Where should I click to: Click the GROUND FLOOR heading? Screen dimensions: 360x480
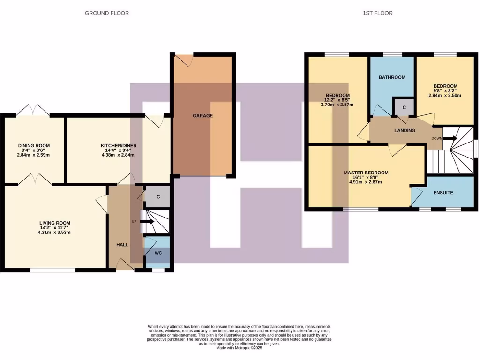point(106,13)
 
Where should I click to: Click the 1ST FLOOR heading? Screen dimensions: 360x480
point(377,13)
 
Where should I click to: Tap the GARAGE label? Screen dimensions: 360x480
point(202,116)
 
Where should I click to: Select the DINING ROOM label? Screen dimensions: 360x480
point(34,146)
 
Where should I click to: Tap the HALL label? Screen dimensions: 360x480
point(122,245)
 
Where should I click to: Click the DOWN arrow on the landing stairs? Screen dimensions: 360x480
point(450,138)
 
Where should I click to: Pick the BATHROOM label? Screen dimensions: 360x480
point(392,77)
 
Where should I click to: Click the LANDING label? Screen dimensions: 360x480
point(404,130)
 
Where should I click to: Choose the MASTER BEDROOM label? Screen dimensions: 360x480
point(366,172)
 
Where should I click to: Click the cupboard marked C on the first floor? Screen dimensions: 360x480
point(404,107)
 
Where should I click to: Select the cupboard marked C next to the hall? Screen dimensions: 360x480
point(158,197)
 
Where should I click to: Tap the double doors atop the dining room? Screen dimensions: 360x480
point(33,111)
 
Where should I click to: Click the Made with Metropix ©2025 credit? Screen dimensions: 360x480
point(240,348)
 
